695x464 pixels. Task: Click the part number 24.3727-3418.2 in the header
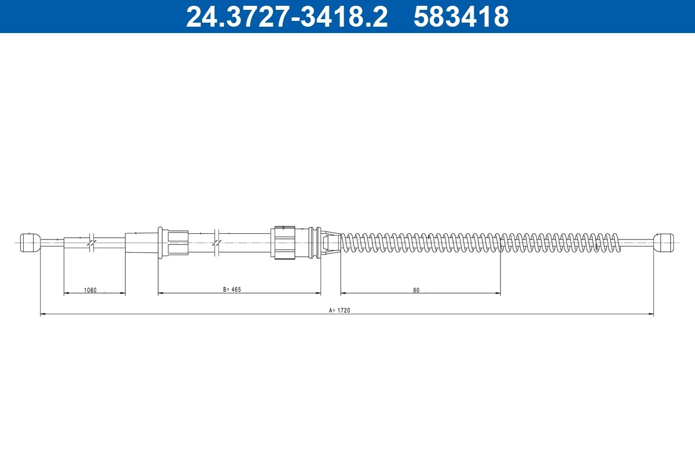point(286,17)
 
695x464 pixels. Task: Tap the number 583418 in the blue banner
point(461,17)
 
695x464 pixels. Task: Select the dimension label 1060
point(90,290)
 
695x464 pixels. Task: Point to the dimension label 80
point(416,290)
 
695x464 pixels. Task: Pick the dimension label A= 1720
point(340,310)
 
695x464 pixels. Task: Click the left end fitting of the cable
point(30,242)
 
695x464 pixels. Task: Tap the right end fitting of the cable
point(664,242)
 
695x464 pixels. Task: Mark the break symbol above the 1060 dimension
point(92,242)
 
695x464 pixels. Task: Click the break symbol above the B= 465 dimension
point(216,242)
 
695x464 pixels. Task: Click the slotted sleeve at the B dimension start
point(173,242)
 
